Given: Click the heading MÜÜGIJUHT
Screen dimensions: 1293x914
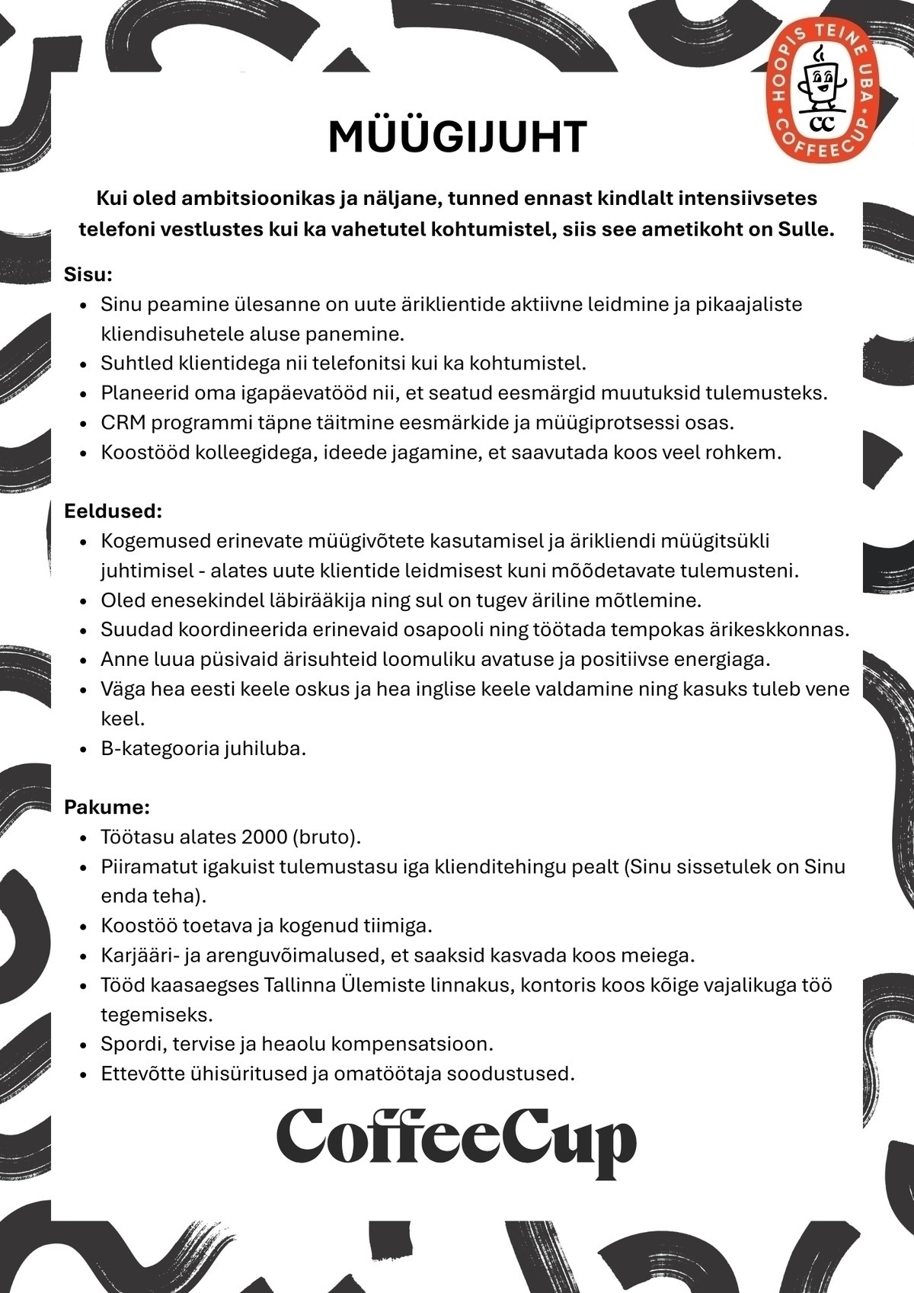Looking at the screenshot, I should coord(457,137).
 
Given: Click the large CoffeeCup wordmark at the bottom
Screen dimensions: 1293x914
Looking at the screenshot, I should coord(456,1141).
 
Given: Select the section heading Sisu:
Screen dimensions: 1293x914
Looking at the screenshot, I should coord(88,274).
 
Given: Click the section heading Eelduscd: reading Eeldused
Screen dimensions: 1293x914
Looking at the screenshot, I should coord(113,510).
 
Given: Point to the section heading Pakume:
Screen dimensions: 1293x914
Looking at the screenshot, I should coord(107,807).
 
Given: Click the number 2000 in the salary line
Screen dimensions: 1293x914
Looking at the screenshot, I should coord(264,837).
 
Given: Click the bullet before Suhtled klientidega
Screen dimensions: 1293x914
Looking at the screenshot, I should coord(85,364).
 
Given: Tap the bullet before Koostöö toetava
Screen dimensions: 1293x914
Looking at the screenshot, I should coord(85,927).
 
